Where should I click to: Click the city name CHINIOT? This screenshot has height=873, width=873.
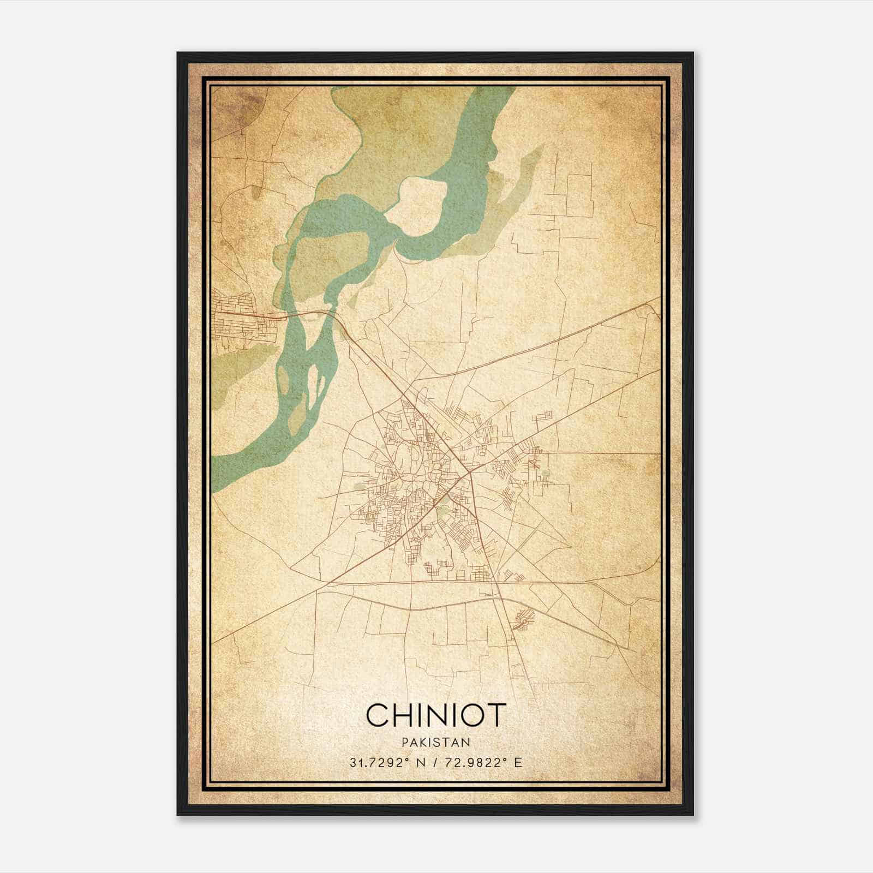(x=436, y=715)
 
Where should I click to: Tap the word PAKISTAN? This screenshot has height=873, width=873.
(x=436, y=743)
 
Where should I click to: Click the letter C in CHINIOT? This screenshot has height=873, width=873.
(x=376, y=715)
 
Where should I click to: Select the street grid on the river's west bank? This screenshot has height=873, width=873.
(x=240, y=322)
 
